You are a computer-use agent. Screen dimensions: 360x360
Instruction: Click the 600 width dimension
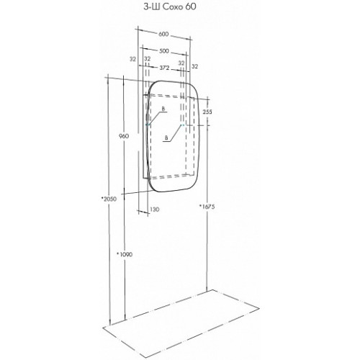(163, 34)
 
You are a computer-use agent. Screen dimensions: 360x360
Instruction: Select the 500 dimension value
(164, 51)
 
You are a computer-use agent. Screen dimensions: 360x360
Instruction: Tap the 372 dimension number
(164, 68)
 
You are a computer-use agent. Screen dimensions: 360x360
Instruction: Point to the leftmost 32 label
(132, 59)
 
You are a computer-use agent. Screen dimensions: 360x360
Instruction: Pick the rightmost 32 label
(195, 66)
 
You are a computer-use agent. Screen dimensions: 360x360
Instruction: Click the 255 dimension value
(207, 112)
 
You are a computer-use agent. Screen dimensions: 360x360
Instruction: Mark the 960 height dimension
(124, 136)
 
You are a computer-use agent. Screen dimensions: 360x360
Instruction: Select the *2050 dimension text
(109, 199)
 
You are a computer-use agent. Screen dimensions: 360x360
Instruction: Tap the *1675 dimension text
(207, 206)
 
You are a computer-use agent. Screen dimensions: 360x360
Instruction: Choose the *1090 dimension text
(125, 254)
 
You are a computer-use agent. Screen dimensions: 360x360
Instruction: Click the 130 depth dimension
(154, 210)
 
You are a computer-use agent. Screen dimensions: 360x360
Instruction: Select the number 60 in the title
(191, 7)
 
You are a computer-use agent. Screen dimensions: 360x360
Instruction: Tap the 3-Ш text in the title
(152, 7)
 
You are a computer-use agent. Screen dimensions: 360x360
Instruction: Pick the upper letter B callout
(163, 109)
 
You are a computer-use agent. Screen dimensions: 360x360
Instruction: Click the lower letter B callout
(166, 138)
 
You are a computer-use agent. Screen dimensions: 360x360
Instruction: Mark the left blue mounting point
(148, 125)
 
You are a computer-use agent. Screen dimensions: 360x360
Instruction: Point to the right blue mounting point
(182, 125)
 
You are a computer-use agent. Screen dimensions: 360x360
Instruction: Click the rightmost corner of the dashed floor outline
(259, 307)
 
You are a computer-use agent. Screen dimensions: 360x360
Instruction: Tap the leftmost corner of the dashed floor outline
(103, 328)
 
